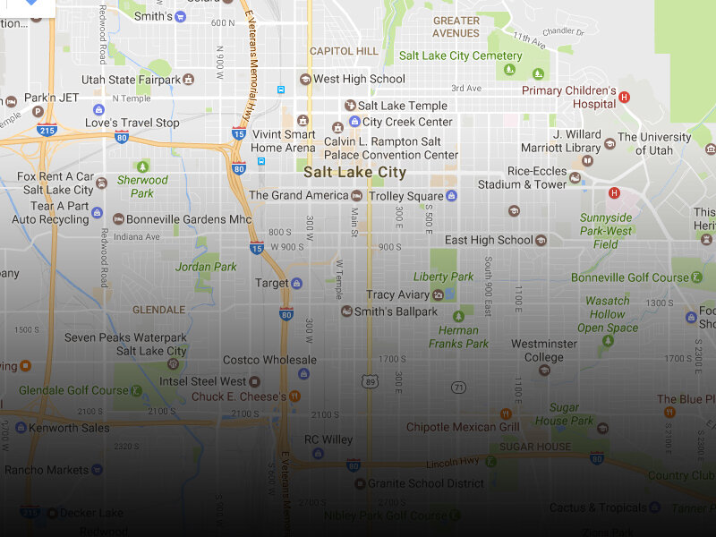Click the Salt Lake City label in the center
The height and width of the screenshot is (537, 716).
[354, 173]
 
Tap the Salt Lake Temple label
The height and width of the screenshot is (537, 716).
[402, 106]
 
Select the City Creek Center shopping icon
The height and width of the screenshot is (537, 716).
[354, 122]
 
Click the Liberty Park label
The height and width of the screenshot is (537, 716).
[443, 277]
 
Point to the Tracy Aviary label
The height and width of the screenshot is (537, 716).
[397, 294]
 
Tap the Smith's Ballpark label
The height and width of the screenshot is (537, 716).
[396, 311]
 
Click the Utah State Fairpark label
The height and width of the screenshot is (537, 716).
[131, 80]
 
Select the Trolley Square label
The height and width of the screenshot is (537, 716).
[405, 196]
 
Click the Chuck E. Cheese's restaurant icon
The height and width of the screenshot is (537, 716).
[294, 396]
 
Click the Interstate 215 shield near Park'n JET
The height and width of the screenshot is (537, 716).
[47, 131]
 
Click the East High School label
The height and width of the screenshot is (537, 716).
[489, 240]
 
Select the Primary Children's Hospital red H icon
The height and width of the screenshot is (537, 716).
[625, 97]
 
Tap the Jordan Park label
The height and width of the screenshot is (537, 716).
[206, 267]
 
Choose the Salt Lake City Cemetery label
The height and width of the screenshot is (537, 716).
[460, 55]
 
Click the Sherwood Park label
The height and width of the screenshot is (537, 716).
[142, 186]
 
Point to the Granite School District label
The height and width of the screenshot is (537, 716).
[426, 483]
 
